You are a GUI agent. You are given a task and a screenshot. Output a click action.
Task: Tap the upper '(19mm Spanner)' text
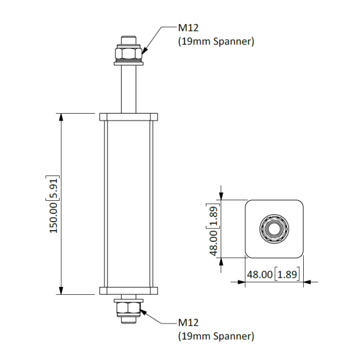[x=216, y=41]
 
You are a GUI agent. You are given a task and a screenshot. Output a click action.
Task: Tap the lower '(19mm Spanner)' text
[x=216, y=336]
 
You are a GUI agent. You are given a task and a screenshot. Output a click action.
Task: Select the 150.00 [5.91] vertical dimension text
[x=54, y=204]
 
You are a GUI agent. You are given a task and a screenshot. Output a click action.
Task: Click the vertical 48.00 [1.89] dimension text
[x=214, y=231]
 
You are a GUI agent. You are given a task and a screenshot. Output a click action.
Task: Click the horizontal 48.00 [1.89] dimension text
[x=273, y=274]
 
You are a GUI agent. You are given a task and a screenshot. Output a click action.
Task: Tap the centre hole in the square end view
[x=274, y=228]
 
